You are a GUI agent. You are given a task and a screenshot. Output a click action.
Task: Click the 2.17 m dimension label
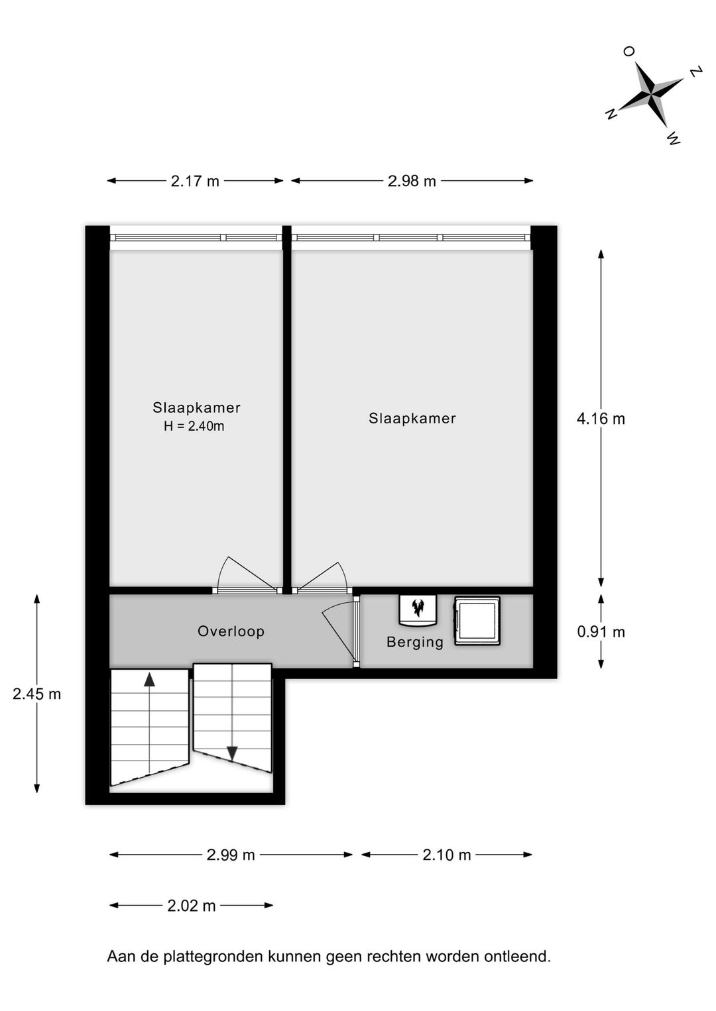coord(195,181)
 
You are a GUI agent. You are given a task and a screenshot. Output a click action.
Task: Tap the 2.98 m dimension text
coord(412,181)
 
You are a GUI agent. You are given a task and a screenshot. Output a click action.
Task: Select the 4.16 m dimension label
coord(601,419)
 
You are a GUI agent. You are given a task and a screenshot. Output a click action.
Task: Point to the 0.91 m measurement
coord(601,632)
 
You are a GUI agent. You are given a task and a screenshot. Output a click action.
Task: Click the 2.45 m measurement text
coord(37,694)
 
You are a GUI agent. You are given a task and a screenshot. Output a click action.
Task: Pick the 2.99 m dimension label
coord(231,855)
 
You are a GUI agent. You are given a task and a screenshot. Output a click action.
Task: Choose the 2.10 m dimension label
coord(447,855)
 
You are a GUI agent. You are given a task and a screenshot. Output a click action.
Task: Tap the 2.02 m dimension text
coord(192,906)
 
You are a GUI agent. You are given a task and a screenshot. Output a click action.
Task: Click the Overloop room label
coord(231,631)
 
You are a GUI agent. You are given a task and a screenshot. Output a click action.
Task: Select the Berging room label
coord(415,642)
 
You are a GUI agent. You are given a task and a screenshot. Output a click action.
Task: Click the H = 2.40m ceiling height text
coord(194,427)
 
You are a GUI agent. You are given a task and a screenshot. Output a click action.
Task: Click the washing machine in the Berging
coord(477,621)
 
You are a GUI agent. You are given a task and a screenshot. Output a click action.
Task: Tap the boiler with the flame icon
coord(418,609)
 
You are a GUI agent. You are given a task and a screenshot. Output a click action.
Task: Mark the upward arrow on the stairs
coord(150,679)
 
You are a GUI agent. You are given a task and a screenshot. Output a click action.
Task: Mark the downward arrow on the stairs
coord(232,753)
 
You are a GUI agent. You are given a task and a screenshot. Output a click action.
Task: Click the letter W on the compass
coord(674,138)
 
